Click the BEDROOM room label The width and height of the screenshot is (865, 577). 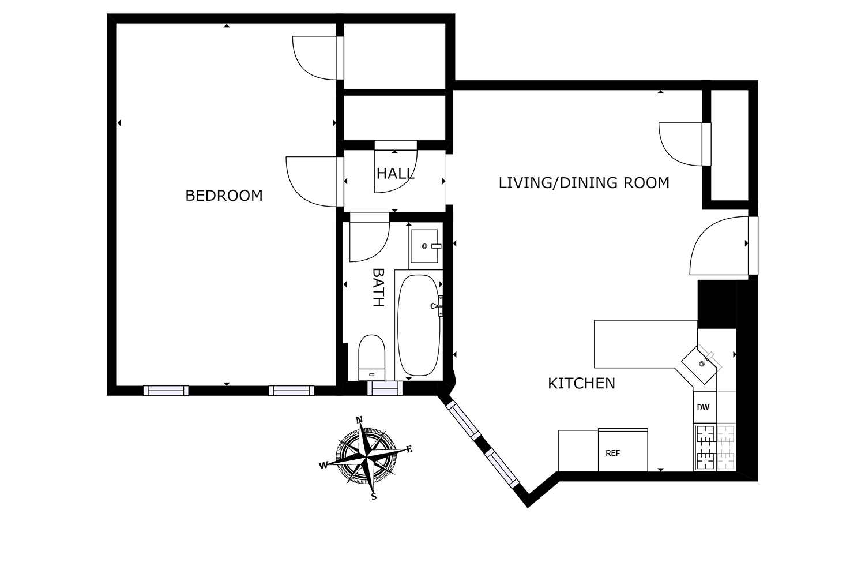click(x=224, y=196)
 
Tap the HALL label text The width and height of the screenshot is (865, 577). click(x=395, y=174)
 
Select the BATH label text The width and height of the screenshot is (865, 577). click(x=378, y=287)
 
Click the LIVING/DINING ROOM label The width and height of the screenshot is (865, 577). click(x=584, y=183)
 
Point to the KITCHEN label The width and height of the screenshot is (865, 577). click(x=581, y=383)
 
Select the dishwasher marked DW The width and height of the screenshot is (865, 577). click(x=704, y=407)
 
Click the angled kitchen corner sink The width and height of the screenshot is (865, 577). click(x=701, y=363)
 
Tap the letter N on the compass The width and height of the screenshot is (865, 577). click(x=359, y=419)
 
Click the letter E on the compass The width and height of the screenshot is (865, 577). click(x=409, y=449)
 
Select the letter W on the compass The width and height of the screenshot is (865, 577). click(x=323, y=465)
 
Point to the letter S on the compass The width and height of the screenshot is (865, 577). click(x=374, y=496)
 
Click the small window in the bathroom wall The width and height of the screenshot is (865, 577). click(x=385, y=389)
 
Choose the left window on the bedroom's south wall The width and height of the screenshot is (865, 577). click(x=166, y=391)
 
